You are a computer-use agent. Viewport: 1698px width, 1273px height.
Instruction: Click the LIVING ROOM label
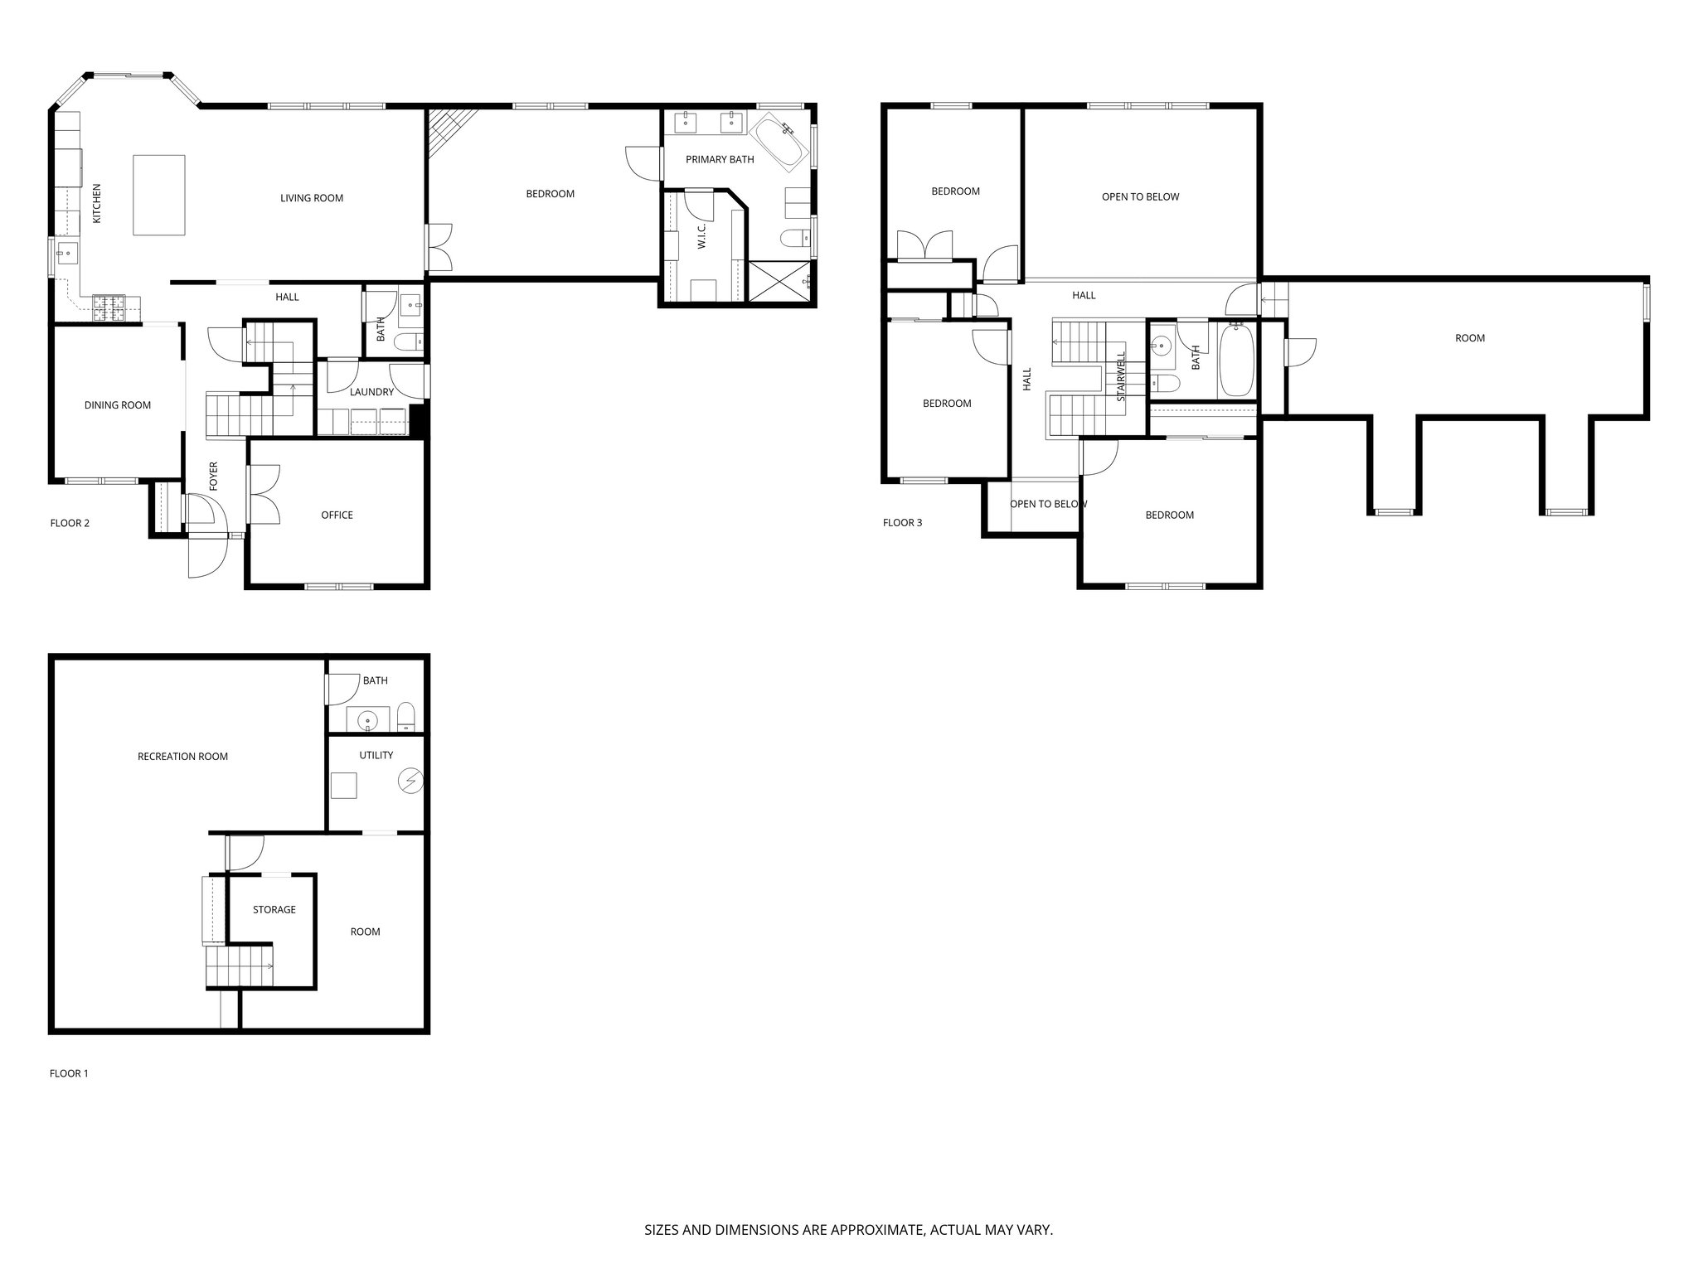click(x=311, y=198)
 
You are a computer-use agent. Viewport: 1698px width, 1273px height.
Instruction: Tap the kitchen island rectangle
click(x=159, y=196)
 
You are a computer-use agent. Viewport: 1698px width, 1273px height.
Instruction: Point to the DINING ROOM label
click(x=118, y=405)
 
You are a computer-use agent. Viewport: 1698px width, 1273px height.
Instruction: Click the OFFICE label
click(x=337, y=515)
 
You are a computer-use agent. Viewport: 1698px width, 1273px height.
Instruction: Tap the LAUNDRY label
click(x=371, y=392)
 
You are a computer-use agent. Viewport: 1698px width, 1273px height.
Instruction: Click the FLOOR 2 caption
click(x=70, y=523)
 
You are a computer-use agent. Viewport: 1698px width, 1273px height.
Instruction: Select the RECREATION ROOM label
click(x=182, y=757)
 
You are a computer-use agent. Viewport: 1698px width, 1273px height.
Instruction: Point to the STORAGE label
click(x=274, y=910)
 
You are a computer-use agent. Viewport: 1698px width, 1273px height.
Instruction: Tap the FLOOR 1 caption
click(x=69, y=1073)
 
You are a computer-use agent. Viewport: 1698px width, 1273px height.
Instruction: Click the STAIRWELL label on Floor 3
click(x=1121, y=377)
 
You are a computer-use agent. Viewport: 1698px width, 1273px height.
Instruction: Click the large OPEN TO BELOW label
click(x=1140, y=197)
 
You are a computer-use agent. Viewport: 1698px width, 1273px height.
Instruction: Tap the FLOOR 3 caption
click(x=902, y=523)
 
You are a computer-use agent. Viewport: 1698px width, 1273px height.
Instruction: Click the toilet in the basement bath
click(x=405, y=716)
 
